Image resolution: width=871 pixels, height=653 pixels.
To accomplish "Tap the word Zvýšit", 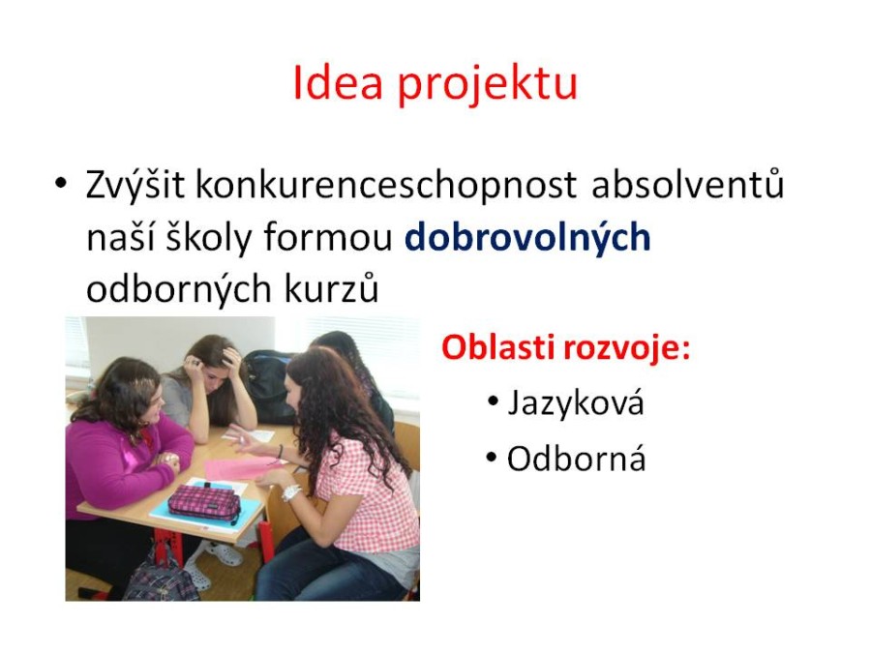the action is tap(135, 185).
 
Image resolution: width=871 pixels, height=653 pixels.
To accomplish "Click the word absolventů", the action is tap(688, 185).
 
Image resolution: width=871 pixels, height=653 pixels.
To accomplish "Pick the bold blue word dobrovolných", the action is tap(527, 239).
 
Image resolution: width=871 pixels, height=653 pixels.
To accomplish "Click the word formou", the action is tap(328, 238).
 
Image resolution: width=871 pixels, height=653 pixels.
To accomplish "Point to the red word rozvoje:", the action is tap(626, 350).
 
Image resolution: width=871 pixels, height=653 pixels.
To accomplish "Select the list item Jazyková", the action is tap(576, 403).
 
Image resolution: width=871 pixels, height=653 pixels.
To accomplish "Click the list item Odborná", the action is tap(576, 460).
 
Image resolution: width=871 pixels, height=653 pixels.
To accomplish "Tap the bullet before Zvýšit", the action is tap(61, 183).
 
